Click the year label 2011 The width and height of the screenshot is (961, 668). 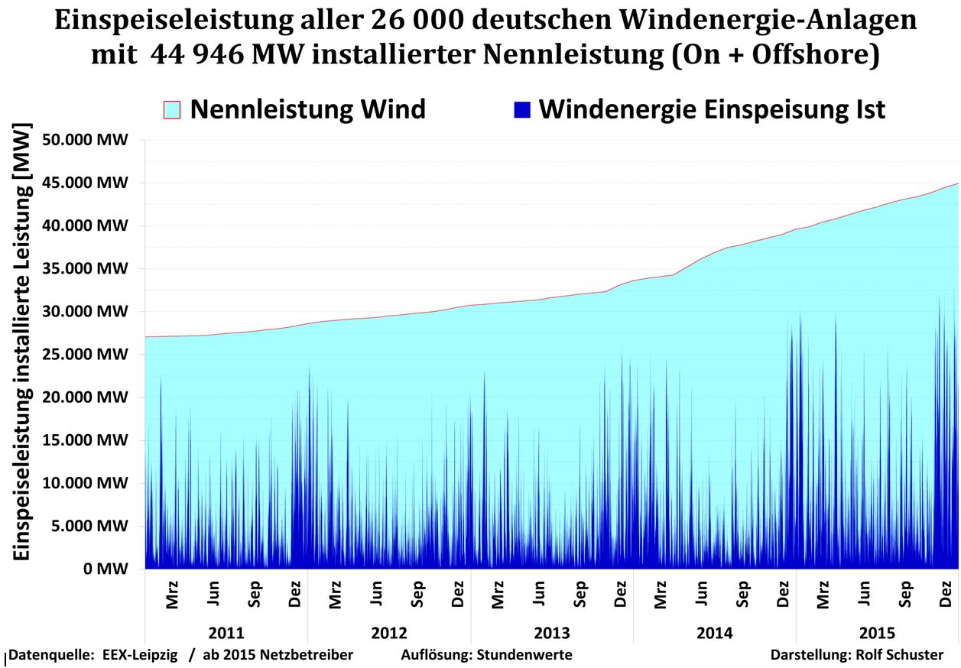(226, 634)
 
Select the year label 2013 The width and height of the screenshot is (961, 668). (552, 634)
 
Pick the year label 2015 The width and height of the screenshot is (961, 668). (877, 634)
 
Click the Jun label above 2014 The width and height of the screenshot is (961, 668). (701, 593)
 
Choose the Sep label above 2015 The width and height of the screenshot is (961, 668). (905, 593)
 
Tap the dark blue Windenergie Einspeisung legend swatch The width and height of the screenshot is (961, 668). (522, 110)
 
